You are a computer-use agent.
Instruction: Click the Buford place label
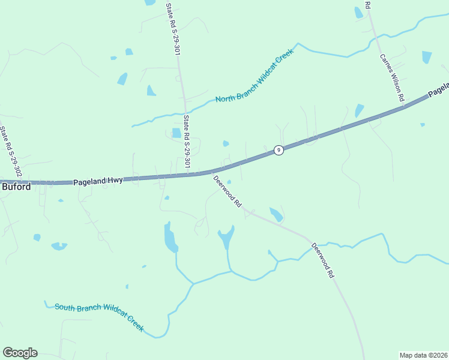16,187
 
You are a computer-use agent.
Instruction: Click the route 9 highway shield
279,150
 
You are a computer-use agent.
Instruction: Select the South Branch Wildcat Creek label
99,316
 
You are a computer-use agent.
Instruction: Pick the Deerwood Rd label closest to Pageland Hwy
227,191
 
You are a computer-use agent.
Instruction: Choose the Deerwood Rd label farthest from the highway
322,260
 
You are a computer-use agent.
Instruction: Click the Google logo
20,353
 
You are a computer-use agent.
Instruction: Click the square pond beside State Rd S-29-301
176,133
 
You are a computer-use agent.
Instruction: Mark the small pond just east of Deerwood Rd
276,214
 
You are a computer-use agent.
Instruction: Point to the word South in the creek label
66,307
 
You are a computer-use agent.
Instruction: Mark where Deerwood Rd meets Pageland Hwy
211,172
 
